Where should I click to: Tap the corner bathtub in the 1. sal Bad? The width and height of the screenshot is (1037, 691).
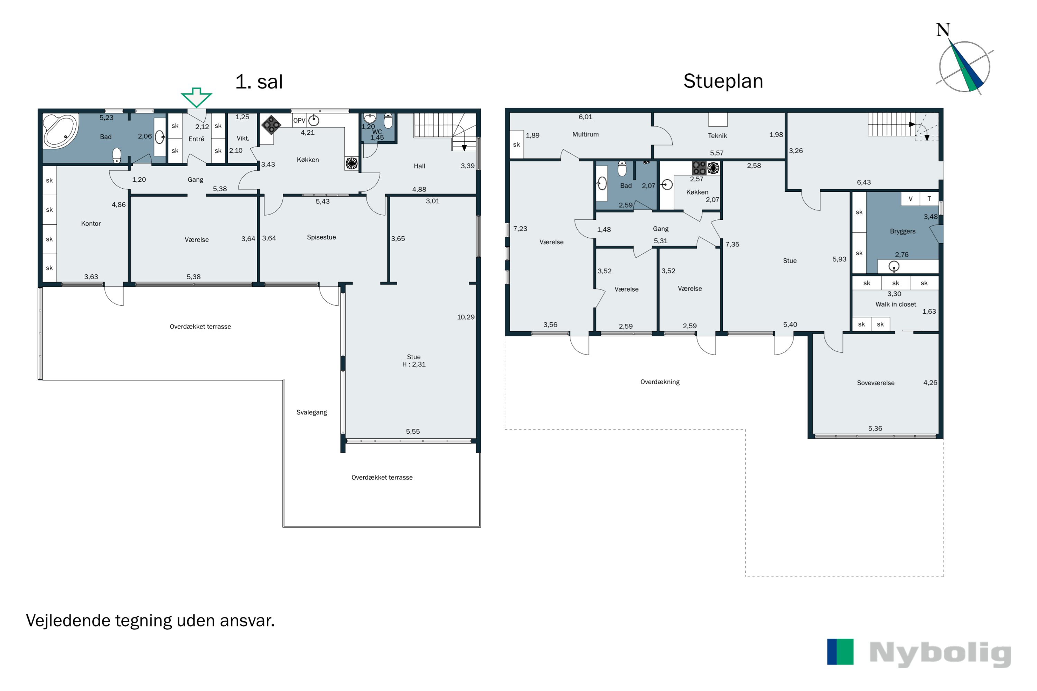point(60,131)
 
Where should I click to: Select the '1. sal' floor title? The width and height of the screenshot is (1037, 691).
point(259,82)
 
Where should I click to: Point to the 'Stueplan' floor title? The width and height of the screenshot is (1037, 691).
point(723,82)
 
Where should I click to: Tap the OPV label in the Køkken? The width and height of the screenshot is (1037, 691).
point(299,120)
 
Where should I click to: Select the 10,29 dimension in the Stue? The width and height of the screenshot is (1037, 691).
point(466,317)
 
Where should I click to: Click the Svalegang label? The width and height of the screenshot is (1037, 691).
point(312,413)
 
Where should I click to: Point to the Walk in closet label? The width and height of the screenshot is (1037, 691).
point(896,304)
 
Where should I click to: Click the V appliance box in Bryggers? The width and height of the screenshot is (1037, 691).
point(910,199)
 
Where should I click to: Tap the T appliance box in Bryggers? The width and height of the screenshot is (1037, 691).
point(929,199)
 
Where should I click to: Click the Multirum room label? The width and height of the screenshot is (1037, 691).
point(586,134)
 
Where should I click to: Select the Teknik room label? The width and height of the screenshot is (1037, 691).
point(717,136)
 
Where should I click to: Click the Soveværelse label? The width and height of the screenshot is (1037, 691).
point(876,383)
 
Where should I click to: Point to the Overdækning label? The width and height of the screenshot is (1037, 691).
point(660,382)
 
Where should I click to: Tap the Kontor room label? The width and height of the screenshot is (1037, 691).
point(91,224)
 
